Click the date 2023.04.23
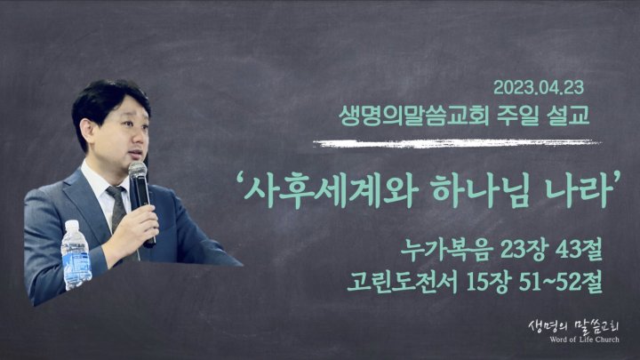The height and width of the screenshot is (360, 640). coord(539,88)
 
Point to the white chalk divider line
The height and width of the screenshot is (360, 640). coord(457,143)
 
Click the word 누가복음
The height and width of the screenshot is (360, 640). coord(445,250)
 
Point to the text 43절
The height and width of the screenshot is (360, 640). coord(580,250)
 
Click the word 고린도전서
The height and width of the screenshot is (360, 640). coord(402,282)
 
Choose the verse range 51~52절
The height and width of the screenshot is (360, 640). coord(561,282)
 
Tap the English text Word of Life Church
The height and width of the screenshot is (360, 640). coord(584,340)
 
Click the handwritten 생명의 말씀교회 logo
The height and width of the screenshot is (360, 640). coord(574,326)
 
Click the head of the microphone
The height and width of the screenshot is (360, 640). coord(138,170)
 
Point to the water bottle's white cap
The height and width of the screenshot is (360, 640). coord(72,225)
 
